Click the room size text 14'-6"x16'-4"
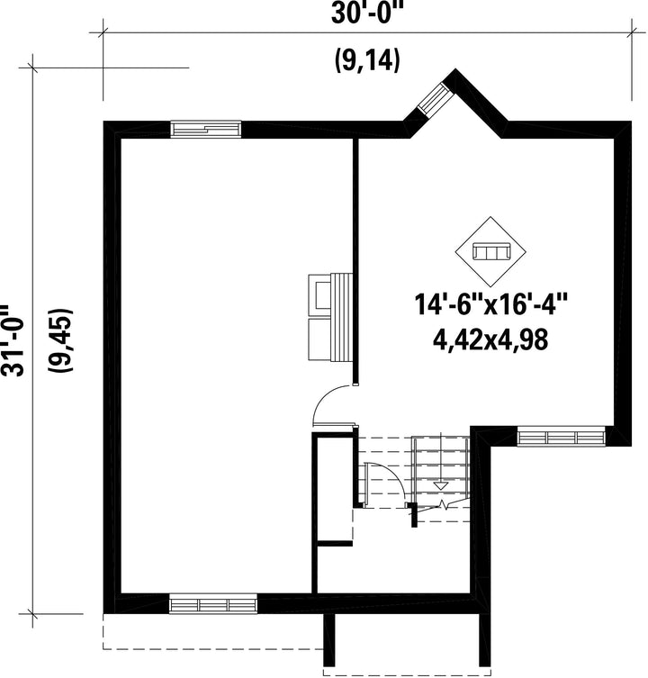point(490,304)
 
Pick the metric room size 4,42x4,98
point(490,339)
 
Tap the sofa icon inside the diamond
point(490,251)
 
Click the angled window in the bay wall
point(436,98)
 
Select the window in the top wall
point(206,129)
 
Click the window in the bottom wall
point(212,603)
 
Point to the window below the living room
point(561,437)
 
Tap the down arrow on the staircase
point(440,485)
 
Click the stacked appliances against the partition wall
point(330,317)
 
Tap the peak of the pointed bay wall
point(454,69)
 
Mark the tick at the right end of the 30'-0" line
point(632,32)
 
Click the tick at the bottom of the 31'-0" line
point(33,613)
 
